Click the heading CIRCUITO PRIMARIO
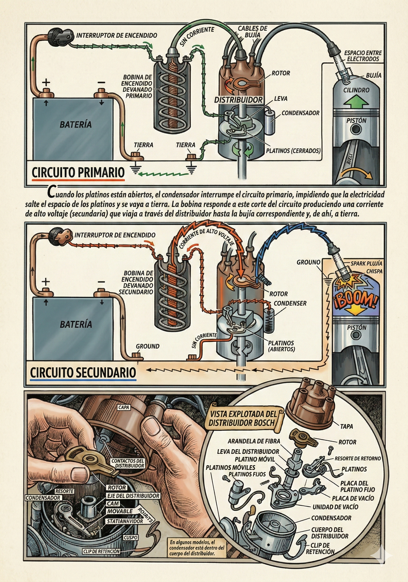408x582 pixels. point(78,173)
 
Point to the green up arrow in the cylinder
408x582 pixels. point(357,102)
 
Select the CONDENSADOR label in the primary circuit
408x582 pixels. point(300,113)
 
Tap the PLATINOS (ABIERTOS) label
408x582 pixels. point(281,346)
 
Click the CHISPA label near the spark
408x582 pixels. point(374,271)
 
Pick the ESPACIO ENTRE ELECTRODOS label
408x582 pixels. point(363,56)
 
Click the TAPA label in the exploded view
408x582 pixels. point(346,426)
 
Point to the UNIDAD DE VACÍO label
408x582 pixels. point(335,507)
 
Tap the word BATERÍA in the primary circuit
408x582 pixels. point(76,124)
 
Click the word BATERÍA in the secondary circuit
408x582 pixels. point(76,324)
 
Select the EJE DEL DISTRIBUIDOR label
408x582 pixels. point(133,496)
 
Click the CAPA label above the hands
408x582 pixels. point(124,407)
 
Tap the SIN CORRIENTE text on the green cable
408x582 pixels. point(197,37)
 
